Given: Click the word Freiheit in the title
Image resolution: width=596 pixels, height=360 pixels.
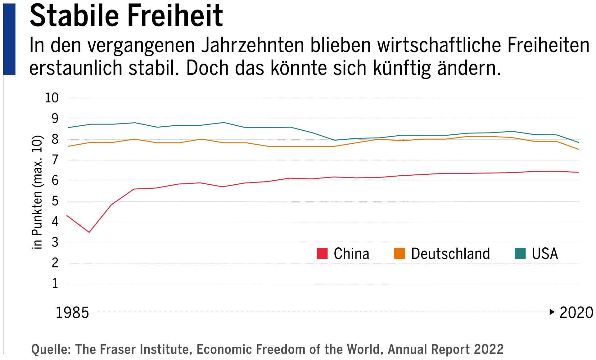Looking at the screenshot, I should click(175, 16).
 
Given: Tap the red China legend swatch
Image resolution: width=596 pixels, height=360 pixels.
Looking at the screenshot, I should click(322, 254).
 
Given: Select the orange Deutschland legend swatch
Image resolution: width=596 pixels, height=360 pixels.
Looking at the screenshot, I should click(400, 254).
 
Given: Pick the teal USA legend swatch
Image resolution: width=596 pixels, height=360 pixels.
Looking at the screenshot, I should click(520, 254).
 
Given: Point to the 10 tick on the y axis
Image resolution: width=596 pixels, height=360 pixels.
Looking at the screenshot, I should click(52, 98).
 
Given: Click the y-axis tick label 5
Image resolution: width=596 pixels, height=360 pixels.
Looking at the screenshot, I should click(55, 201).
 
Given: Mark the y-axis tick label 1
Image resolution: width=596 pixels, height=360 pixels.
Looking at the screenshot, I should click(55, 284).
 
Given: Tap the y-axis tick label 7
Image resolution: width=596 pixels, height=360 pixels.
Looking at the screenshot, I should click(55, 160).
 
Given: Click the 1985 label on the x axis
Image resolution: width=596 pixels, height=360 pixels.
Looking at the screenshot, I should click(72, 313).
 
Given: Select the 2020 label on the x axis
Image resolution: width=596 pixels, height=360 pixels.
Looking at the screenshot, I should click(576, 313).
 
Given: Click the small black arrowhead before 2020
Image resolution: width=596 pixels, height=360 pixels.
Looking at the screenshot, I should click(552, 312).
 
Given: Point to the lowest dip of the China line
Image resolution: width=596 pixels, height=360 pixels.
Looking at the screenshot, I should click(89, 232).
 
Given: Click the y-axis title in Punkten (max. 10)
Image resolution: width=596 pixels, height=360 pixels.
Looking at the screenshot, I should click(37, 192).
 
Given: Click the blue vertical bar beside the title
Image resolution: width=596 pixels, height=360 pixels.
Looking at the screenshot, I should click(9, 39).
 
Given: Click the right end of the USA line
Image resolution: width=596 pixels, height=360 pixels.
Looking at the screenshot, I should click(579, 142).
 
